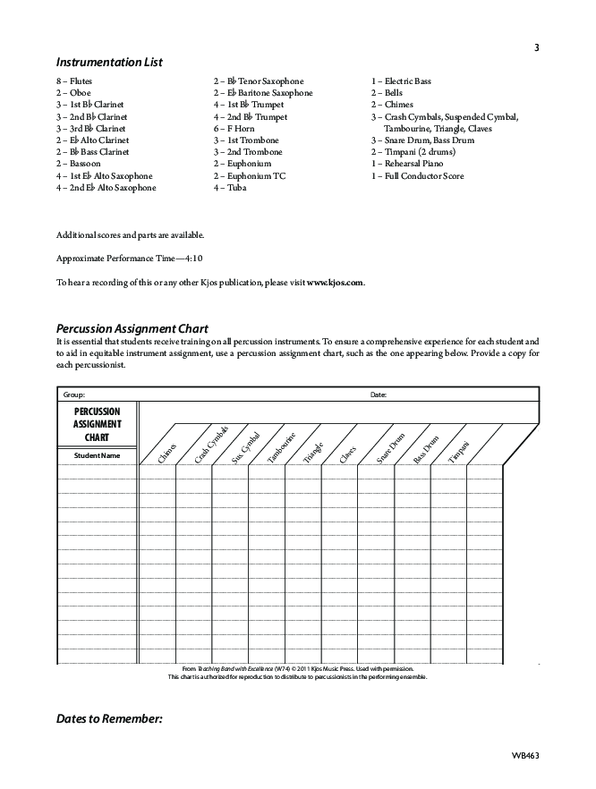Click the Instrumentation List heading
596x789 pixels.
109,63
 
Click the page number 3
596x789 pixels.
536,47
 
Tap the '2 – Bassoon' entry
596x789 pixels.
78,164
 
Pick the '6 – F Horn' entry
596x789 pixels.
234,129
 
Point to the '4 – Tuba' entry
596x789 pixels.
230,188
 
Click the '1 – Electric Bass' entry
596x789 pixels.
401,81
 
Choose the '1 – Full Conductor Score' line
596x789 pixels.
418,176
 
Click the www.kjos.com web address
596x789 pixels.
335,283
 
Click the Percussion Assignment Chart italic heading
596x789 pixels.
132,328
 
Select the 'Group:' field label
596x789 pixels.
73,394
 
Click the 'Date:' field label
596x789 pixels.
379,394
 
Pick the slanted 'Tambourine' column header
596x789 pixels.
281,448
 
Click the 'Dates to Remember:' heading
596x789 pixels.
109,718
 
